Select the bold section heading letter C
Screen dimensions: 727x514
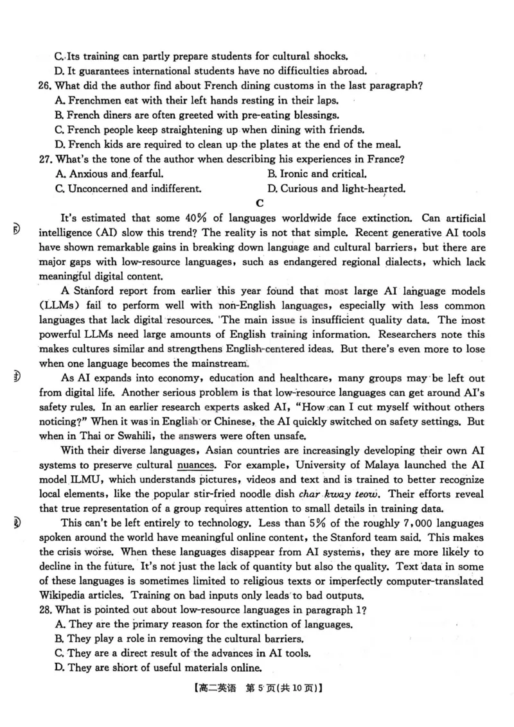coord(260,204)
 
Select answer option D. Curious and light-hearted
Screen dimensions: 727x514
coord(335,188)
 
